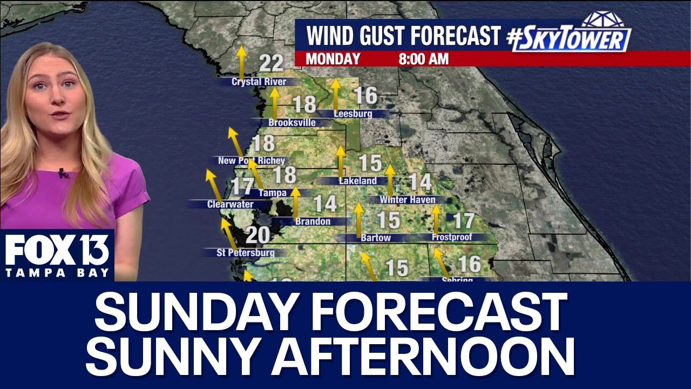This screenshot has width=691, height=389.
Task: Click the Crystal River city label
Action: pos(259,82)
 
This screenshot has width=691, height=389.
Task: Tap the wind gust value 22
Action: pos(271,64)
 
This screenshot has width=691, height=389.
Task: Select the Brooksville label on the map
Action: pos(292,123)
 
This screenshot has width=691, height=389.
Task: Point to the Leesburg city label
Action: pos(353,114)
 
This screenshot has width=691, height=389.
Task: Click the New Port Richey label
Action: pos(251,160)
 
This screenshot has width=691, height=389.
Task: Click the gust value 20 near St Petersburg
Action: pos(258,235)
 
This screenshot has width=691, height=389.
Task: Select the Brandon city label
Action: pos(313,221)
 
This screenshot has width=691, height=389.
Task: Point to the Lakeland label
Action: pos(357,181)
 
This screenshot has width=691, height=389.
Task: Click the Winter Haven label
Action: pos(407,200)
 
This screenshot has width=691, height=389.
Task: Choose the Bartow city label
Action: pos(376,238)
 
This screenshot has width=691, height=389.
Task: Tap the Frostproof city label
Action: pos(452,237)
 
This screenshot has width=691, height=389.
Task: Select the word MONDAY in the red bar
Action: pos(333,59)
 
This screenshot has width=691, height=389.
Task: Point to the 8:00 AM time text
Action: pos(423,59)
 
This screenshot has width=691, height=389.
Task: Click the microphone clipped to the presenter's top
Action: pos(62,174)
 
